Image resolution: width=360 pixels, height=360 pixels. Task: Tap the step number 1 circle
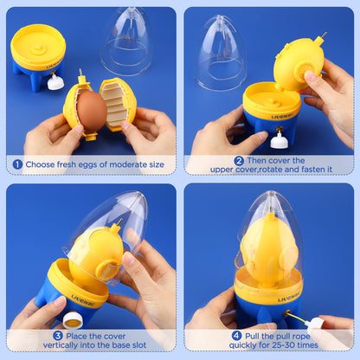(x=17, y=164)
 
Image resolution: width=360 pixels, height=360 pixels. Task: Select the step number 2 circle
(x=239, y=160)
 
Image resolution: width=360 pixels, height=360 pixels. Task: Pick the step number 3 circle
(x=57, y=335)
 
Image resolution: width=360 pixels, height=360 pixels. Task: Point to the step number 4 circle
(x=236, y=335)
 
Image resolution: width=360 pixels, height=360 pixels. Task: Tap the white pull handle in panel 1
(x=56, y=82)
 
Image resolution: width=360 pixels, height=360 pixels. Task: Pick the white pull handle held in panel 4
(x=317, y=323)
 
